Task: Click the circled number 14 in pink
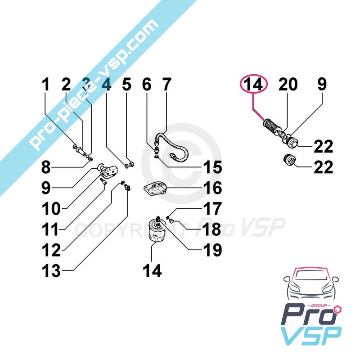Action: coord(253,84)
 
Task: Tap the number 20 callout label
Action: coord(288,84)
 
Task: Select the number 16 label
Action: coord(213,188)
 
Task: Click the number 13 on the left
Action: coord(51,270)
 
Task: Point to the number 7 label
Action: coord(167,84)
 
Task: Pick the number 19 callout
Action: coord(213,250)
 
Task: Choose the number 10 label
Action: coord(51,208)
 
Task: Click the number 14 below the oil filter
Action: coord(152,270)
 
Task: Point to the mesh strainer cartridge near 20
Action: coord(272,126)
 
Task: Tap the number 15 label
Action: coord(213,167)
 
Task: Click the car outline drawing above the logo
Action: coord(311,285)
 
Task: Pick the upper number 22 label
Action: coord(323,147)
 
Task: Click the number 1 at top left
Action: coord(46,84)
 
